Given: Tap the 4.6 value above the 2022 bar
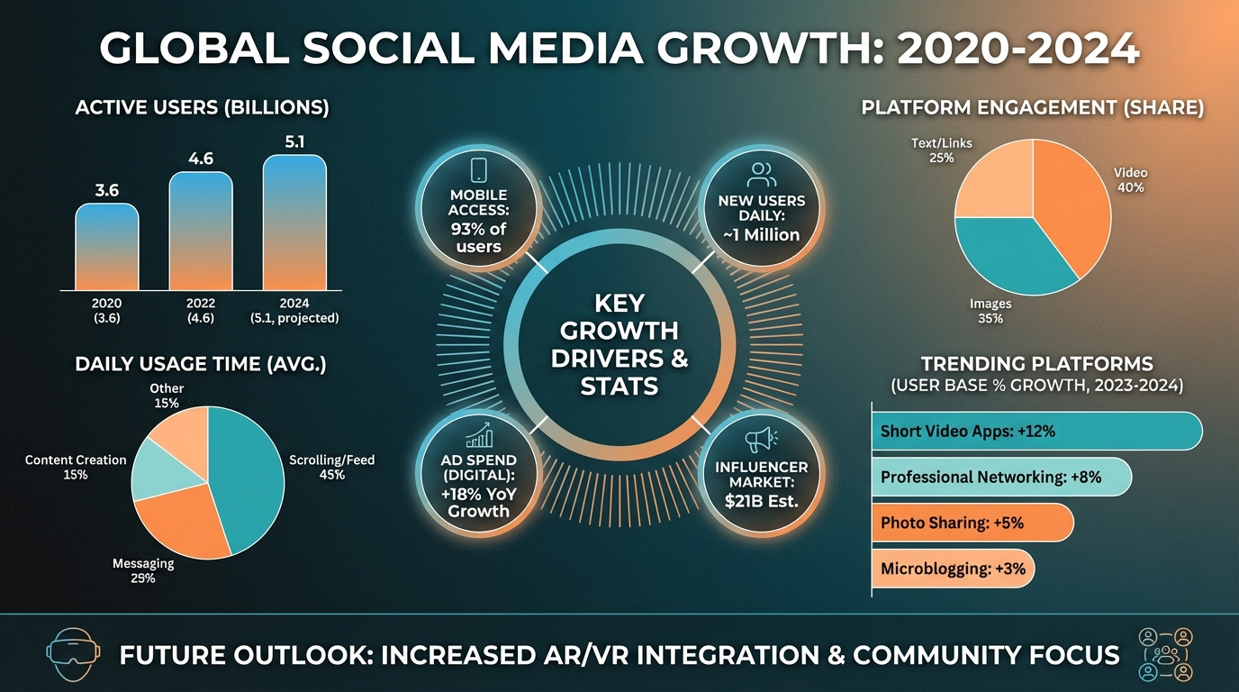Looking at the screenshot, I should click(x=201, y=159).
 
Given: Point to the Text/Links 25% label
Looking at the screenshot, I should click(x=941, y=150).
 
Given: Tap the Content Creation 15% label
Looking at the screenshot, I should click(x=76, y=467).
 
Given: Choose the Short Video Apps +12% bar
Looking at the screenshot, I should click(x=1036, y=431).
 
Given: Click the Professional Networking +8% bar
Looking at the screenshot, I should click(x=999, y=477).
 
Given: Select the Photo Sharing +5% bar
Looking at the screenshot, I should click(x=972, y=523).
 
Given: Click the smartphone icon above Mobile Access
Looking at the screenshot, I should click(x=479, y=171).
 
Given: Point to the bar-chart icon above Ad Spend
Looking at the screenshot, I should click(x=479, y=436).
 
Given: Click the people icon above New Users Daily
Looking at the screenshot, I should click(x=761, y=174).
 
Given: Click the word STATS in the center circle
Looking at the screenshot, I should click(x=619, y=387).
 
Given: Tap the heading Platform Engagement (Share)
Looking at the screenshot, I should click(x=1032, y=108).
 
